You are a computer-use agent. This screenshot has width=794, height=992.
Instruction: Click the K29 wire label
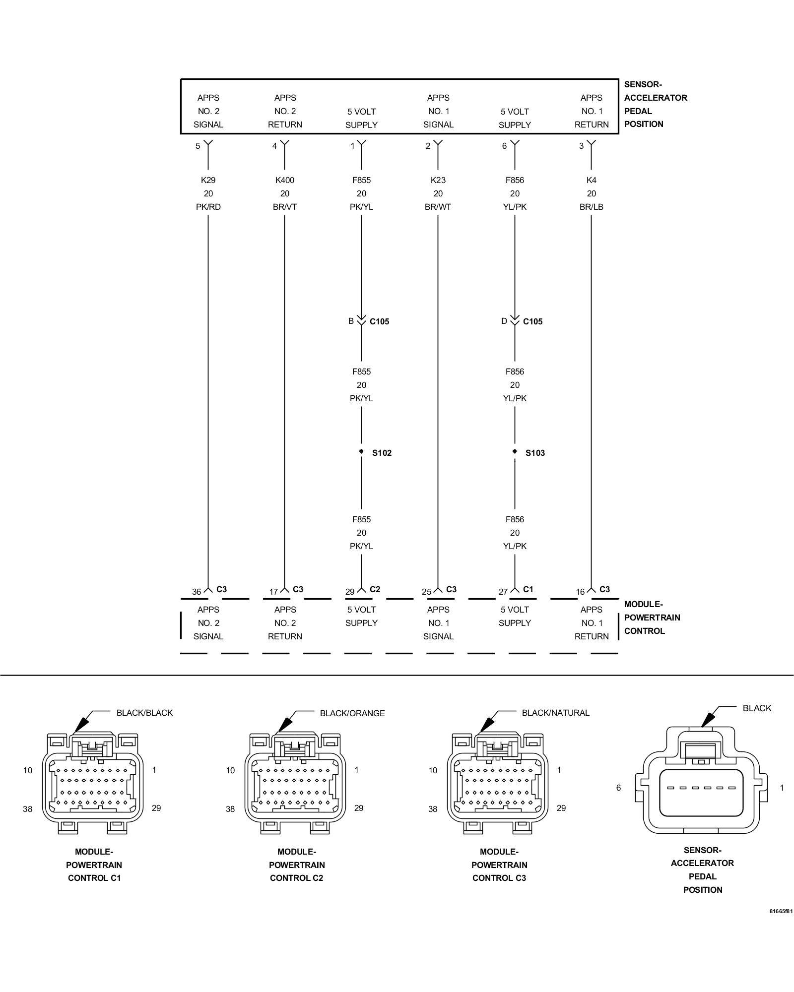(208, 180)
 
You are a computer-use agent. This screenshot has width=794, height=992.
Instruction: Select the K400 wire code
(285, 180)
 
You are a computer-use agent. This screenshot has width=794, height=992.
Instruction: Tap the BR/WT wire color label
(438, 207)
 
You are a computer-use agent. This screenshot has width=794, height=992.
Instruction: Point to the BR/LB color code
(591, 207)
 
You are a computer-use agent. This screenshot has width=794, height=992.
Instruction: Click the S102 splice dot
(361, 451)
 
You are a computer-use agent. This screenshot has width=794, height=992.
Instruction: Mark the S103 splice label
(535, 453)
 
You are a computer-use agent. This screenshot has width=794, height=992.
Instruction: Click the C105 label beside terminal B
(380, 321)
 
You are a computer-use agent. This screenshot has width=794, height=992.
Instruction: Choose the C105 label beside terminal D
(533, 321)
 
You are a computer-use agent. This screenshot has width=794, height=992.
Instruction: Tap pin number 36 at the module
(197, 592)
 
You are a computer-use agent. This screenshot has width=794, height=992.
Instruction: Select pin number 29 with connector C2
(350, 592)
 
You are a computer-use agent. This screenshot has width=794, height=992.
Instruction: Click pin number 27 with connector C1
(503, 592)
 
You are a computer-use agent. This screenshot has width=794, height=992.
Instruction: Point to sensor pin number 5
(198, 146)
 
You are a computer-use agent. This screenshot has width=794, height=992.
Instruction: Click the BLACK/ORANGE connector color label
(352, 713)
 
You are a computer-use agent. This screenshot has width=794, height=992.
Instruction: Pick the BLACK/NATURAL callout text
(556, 713)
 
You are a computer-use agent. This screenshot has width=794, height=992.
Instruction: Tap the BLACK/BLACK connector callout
(145, 713)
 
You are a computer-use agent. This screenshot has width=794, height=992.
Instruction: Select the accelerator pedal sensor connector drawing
(702, 780)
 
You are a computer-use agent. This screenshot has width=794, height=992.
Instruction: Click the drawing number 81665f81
(781, 911)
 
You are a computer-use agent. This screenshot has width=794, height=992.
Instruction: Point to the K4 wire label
(591, 180)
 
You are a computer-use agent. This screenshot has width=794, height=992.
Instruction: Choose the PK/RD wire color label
(208, 207)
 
